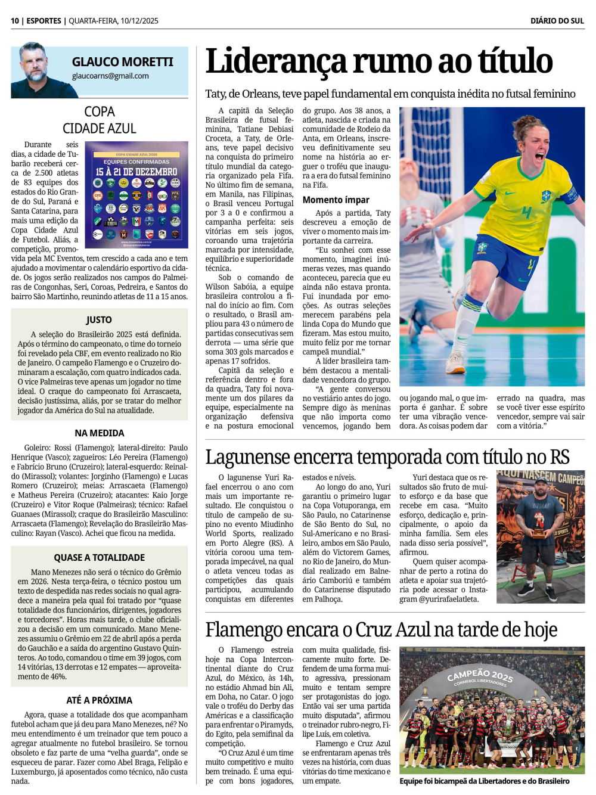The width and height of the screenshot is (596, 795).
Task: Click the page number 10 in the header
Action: tap(15, 21)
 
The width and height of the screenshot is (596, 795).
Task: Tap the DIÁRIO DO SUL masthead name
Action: tap(557, 21)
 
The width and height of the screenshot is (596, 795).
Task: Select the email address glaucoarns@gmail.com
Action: tap(110, 76)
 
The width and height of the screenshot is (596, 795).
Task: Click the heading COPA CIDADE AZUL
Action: tap(100, 120)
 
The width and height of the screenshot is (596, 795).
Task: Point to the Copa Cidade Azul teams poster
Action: tap(136, 195)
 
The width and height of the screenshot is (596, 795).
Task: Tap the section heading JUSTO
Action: tap(99, 320)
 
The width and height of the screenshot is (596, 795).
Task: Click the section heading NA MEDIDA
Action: tap(100, 433)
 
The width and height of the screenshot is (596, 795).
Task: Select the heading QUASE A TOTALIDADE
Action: tap(100, 558)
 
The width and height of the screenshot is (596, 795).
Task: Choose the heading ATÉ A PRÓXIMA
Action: tap(100, 700)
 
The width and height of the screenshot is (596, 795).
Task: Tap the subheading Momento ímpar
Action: tap(336, 200)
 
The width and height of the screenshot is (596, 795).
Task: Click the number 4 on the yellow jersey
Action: tap(526, 212)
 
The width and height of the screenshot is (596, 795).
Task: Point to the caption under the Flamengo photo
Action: tap(484, 781)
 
